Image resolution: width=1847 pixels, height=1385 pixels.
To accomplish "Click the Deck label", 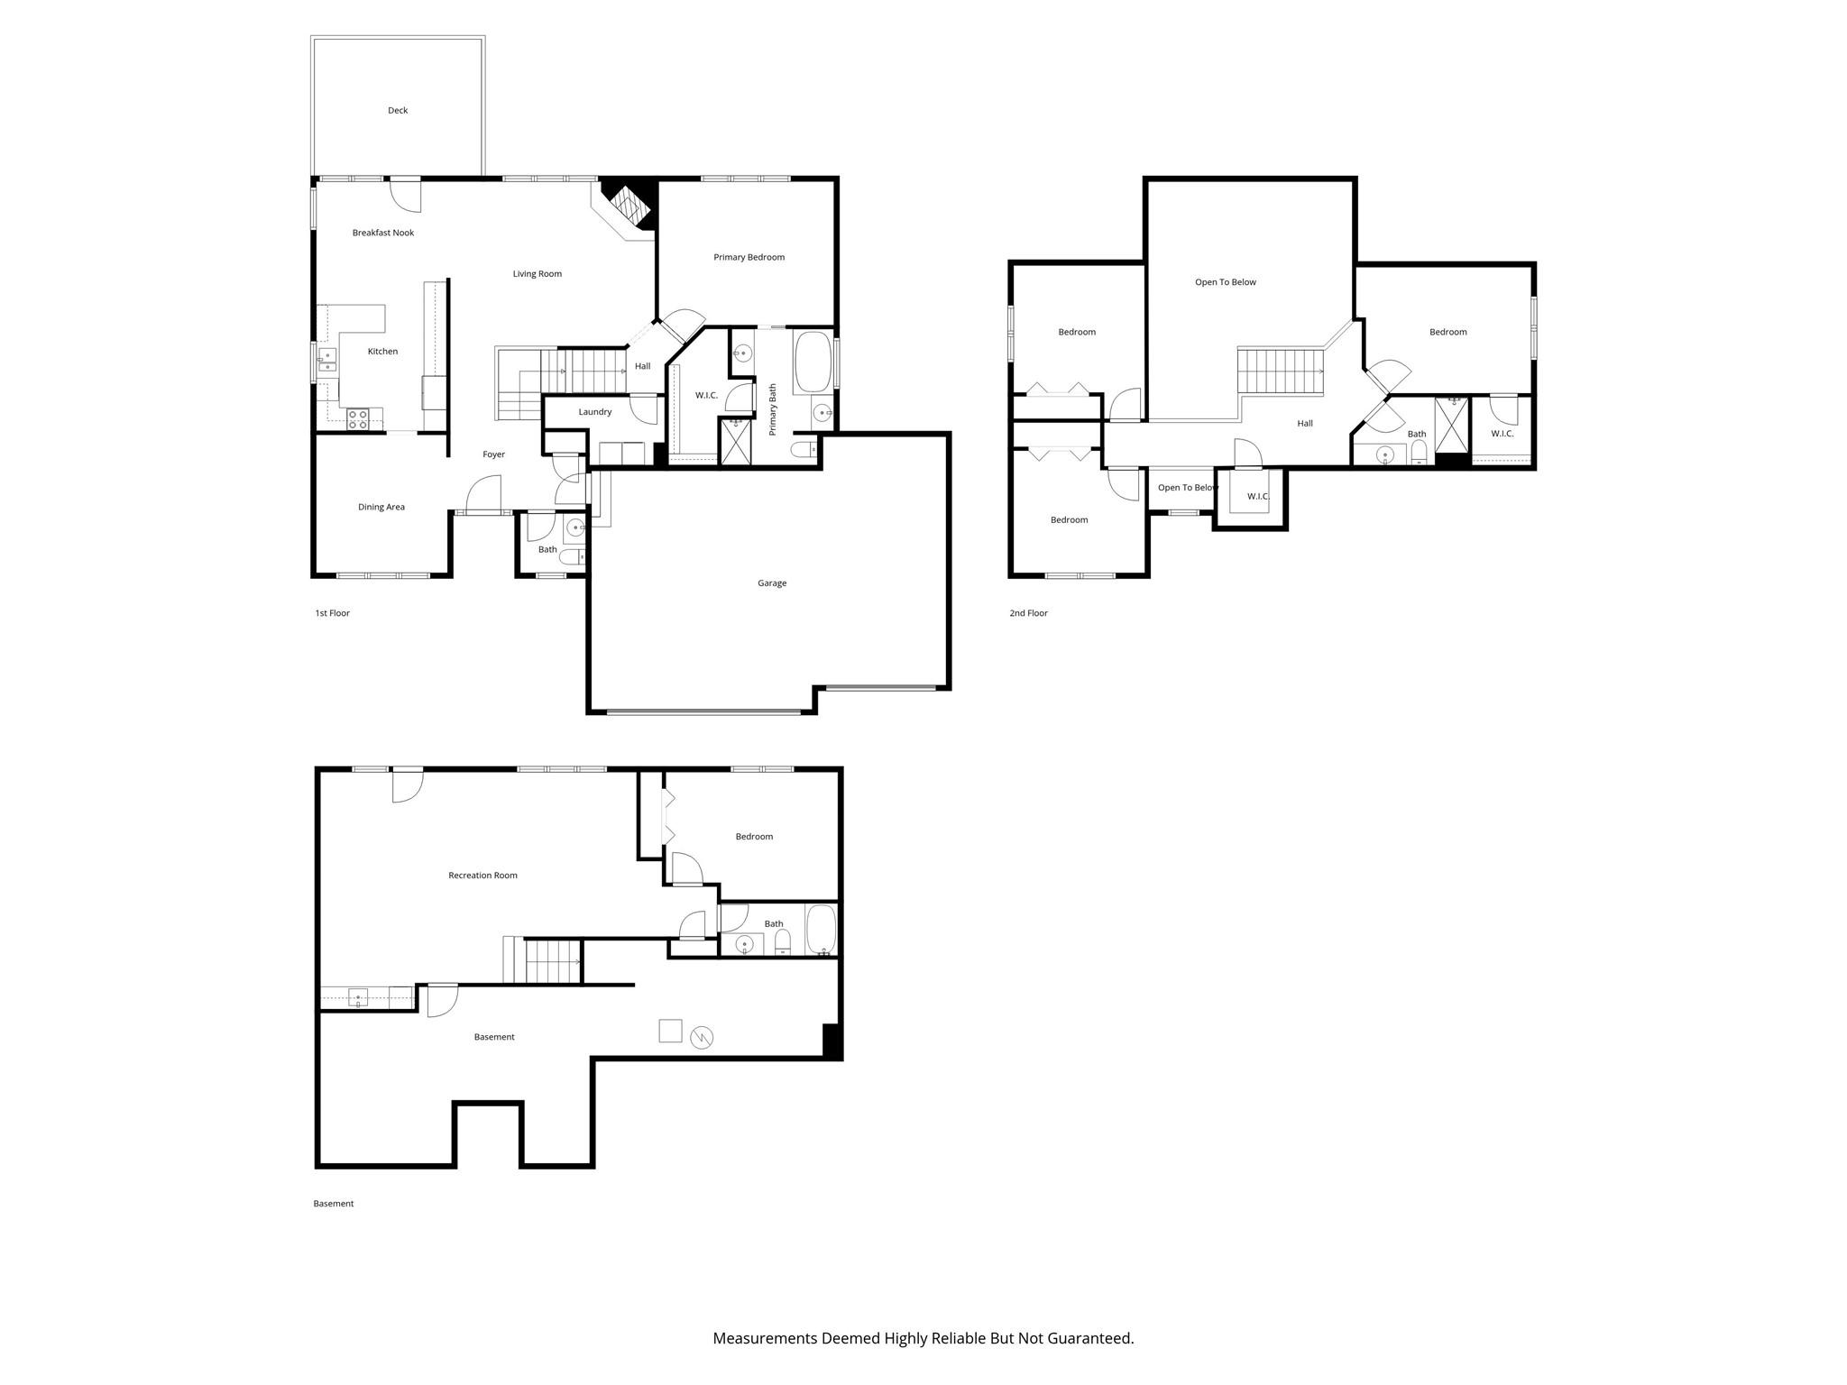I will click(x=398, y=110).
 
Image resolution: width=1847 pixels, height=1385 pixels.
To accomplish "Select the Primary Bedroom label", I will click(x=749, y=257).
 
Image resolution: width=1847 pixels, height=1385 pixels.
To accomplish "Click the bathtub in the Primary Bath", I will click(x=813, y=362).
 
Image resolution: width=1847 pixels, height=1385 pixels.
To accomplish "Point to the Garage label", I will click(x=772, y=583).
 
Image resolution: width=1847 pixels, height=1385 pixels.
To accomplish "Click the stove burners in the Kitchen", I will click(x=358, y=418).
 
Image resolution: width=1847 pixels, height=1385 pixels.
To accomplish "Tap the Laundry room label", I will click(x=595, y=412).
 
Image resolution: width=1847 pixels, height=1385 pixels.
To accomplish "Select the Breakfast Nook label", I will click(x=383, y=233).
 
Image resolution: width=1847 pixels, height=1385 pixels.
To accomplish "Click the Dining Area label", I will click(x=381, y=507).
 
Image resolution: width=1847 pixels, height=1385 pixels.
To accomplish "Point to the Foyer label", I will click(x=493, y=454).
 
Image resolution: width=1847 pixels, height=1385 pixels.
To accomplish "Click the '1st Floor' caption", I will click(x=332, y=613).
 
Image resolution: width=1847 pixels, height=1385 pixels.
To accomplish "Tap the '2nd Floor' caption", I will click(x=1028, y=613).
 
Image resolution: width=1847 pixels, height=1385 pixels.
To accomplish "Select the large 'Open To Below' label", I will click(x=1226, y=282).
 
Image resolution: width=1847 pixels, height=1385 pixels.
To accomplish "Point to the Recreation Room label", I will click(x=482, y=876).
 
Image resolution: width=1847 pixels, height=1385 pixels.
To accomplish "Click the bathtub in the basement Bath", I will click(x=821, y=930).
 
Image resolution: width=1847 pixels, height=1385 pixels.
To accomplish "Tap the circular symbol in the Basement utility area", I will click(x=702, y=1038).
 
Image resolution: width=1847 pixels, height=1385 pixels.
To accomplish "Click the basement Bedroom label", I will click(x=754, y=837).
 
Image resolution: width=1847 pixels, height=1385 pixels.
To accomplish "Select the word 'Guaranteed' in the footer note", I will click(x=1089, y=1338).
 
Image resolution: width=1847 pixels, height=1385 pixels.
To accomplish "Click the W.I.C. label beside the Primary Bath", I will click(x=706, y=396).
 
